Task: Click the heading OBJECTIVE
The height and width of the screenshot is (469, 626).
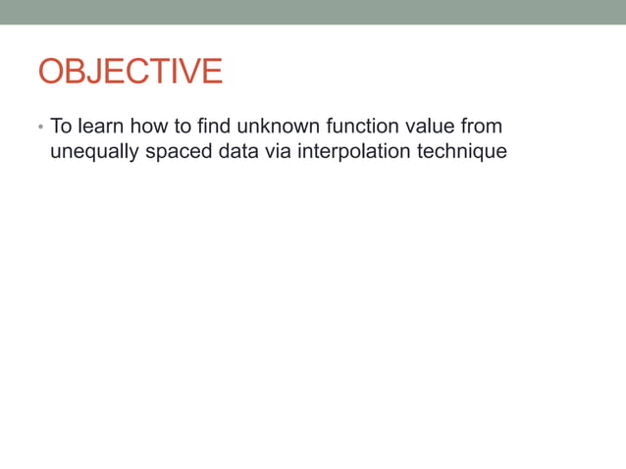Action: coord(130,72)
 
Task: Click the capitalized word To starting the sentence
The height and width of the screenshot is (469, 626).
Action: coord(61,127)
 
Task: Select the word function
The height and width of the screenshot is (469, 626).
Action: coord(356,127)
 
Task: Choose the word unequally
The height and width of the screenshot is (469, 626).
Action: coord(93,153)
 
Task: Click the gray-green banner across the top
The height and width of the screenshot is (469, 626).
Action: coord(313,12)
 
